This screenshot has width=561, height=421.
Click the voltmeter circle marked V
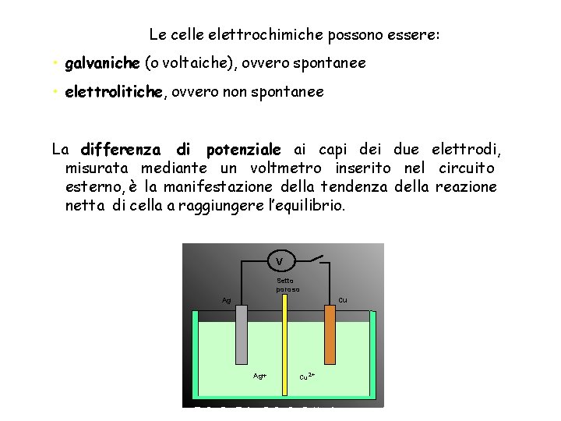[x=280, y=260]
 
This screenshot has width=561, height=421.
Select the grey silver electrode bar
[x=241, y=343]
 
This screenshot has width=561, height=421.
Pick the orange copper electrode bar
[x=329, y=343]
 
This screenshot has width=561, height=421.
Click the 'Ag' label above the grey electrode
[x=226, y=300]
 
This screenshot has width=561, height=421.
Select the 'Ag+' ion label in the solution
[x=259, y=376]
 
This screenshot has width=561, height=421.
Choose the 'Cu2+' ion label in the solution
[x=307, y=377]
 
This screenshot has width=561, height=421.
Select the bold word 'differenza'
[x=121, y=149]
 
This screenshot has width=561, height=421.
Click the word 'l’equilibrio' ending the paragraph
[x=305, y=206]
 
